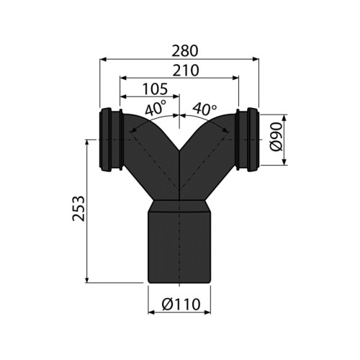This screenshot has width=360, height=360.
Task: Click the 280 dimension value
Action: tap(185, 51)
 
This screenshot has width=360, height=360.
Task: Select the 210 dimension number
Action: tap(186, 70)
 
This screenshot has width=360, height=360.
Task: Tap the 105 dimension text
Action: tap(155, 89)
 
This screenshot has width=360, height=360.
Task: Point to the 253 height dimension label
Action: tap(78, 209)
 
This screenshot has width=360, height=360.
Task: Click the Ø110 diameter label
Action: tap(181, 305)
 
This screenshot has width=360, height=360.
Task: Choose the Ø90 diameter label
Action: tap(276, 137)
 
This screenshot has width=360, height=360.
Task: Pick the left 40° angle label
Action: tap(155, 109)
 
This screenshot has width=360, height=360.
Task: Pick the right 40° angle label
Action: tap(204, 109)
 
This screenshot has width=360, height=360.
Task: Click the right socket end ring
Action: tap(253, 140)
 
